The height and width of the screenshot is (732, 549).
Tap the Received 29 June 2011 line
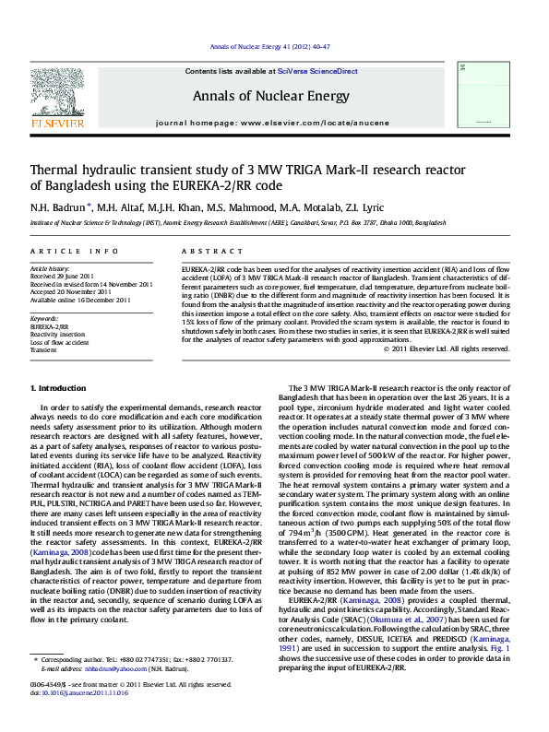[62, 277]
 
